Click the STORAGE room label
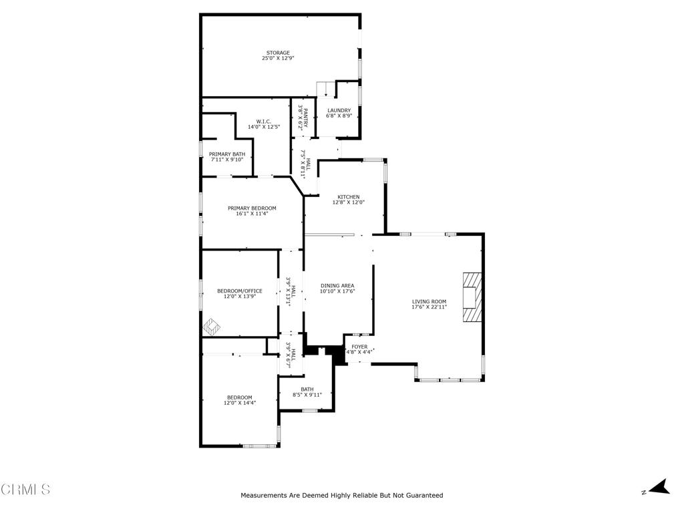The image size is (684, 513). tap(278, 53)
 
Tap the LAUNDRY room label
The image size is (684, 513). tap(339, 110)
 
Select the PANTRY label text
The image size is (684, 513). tap(306, 118)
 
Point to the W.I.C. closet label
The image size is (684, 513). tap(263, 122)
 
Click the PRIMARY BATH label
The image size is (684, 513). tap(227, 154)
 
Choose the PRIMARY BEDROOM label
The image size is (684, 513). tap(252, 208)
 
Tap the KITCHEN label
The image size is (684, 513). tap(349, 197)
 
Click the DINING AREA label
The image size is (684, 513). tap(337, 286)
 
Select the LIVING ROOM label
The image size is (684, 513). tap(430, 301)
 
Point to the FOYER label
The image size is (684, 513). tap(359, 347)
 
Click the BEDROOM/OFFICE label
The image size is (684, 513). tap(240, 291)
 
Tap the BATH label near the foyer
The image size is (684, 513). tap(307, 389)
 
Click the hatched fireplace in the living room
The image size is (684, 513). tap(472, 297)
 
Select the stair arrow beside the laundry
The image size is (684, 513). tap(326, 91)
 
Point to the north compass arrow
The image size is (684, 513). tap(659, 487)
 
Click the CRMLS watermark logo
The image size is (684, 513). tap(25, 490)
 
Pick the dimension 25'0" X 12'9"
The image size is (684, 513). tap(278, 58)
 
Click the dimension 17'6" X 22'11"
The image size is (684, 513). tap(430, 307)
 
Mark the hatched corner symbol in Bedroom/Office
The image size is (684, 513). tap(212, 327)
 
